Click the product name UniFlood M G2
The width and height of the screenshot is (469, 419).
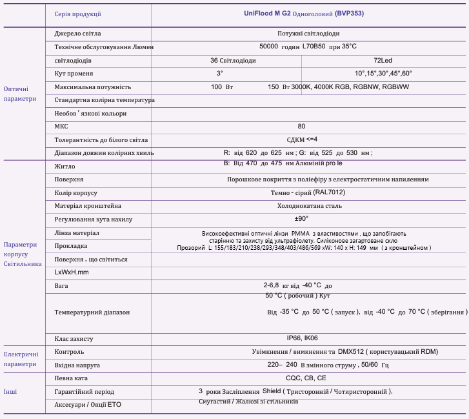tap(268, 13)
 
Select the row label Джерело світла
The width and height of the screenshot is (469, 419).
tap(78, 33)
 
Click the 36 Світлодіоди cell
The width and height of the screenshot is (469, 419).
tap(233, 60)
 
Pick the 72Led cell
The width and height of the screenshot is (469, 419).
tap(383, 60)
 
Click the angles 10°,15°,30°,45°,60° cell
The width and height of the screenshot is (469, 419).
tap(383, 73)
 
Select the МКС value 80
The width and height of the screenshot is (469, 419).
tap(302, 127)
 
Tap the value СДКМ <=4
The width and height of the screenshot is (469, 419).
tap(302, 139)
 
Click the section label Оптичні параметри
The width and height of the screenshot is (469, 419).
tap(20, 94)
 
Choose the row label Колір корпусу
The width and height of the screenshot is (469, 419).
tap(75, 192)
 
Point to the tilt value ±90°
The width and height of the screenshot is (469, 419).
tap(302, 219)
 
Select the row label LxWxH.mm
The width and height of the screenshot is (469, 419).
tap(71, 272)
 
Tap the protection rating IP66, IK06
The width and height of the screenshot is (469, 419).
tap(302, 338)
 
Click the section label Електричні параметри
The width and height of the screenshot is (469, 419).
tap(21, 359)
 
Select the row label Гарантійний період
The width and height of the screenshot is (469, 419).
tap(85, 391)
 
